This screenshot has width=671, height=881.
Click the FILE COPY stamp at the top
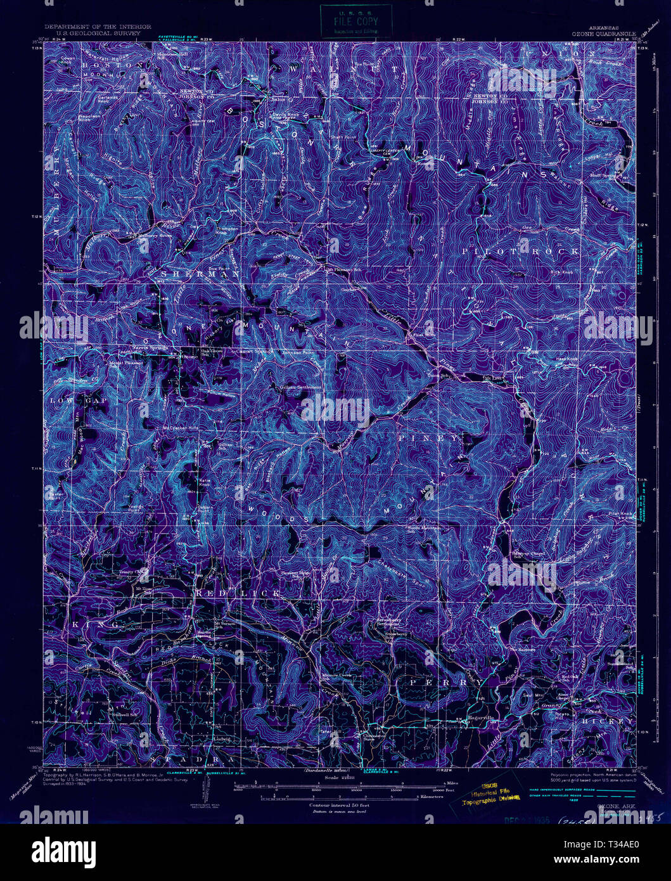click(x=356, y=20)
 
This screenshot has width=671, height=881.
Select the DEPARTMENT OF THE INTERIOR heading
click(x=97, y=27)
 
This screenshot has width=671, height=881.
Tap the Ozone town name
click(x=191, y=357)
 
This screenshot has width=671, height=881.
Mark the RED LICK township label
click(x=238, y=593)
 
